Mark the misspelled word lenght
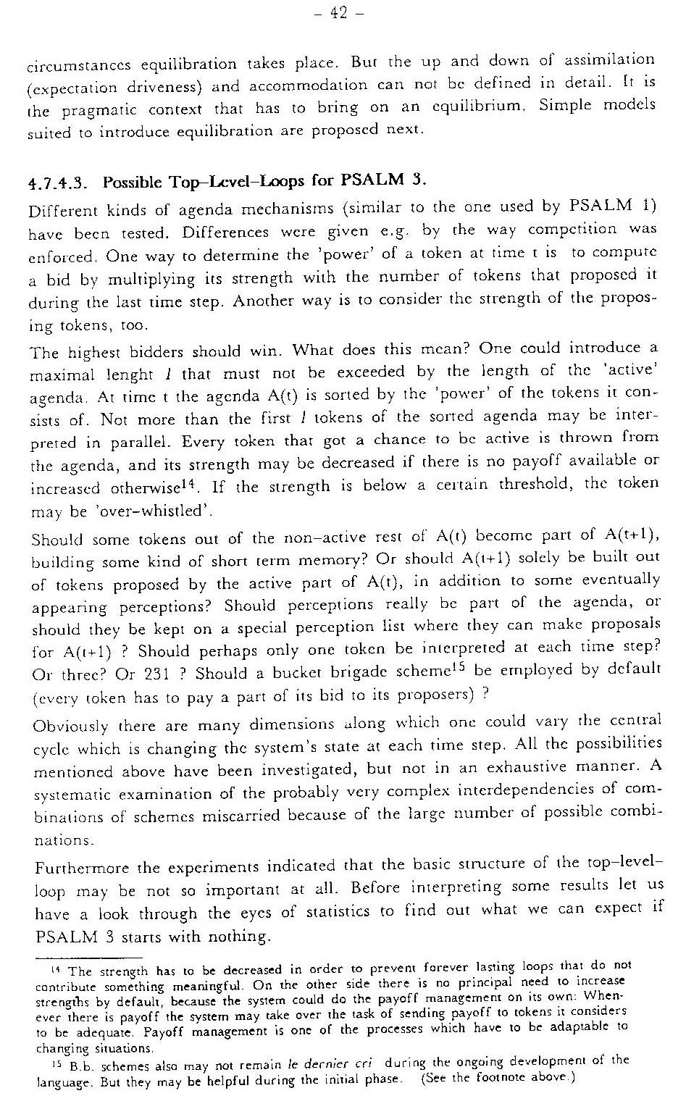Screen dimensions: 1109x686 [149, 374]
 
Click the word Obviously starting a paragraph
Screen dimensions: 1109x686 [71, 726]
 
